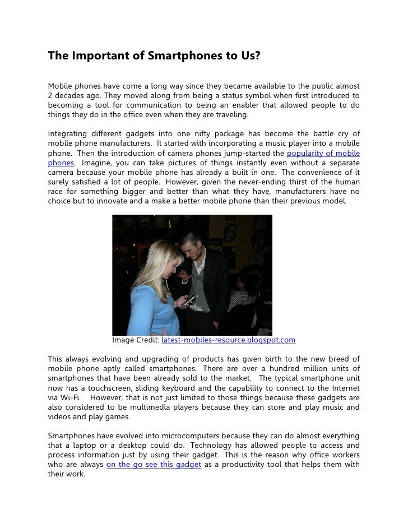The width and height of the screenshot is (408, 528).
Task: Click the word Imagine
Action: [x=96, y=163]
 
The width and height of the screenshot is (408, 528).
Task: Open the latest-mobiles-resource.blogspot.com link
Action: [x=228, y=340]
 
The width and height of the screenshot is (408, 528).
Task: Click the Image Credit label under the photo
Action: [x=136, y=340]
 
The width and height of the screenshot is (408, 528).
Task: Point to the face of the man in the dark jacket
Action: [x=191, y=245]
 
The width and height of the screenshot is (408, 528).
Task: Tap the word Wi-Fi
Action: [x=65, y=397]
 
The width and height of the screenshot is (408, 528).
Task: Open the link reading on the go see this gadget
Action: [x=153, y=464]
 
